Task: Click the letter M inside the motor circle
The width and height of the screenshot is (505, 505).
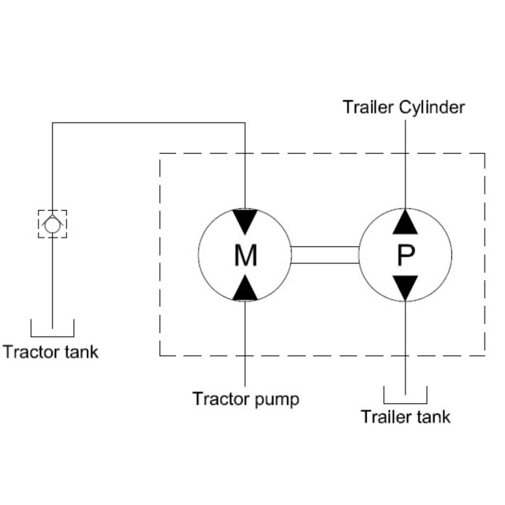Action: pyautogui.click(x=245, y=255)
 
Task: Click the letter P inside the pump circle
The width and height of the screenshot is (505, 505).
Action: pyautogui.click(x=406, y=255)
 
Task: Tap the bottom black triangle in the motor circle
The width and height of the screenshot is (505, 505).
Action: pyautogui.click(x=245, y=288)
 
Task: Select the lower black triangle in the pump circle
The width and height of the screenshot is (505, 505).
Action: pyautogui.click(x=406, y=288)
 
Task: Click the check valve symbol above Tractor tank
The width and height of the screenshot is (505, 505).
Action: pyautogui.click(x=52, y=223)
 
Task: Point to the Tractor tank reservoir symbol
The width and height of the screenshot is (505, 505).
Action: pyautogui.click(x=52, y=327)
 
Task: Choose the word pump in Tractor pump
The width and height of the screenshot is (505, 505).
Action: pyautogui.click(x=275, y=399)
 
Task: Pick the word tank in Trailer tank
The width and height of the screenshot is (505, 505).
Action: pyautogui.click(x=434, y=417)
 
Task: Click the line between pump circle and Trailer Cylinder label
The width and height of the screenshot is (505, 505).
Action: pyautogui.click(x=406, y=166)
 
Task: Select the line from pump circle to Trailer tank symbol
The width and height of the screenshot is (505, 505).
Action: pyautogui.click(x=406, y=347)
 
